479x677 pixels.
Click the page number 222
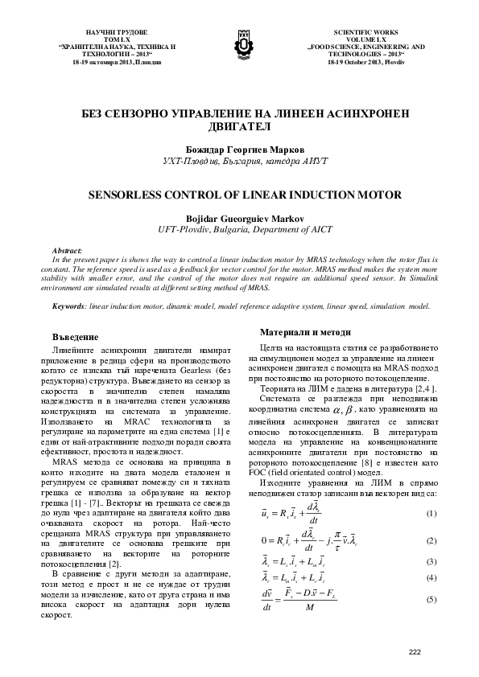[x=415, y=651]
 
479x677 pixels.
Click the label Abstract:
[x=66, y=251]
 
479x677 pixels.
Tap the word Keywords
[x=68, y=306]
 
